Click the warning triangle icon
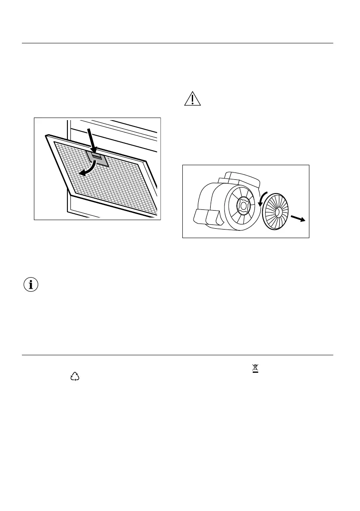coord(193,99)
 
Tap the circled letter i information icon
coord(30,285)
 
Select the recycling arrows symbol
coord(75,376)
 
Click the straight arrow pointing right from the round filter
coord(297,219)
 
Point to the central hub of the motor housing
coord(243,206)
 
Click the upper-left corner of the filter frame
coord(46,137)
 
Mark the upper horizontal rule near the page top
coord(178,43)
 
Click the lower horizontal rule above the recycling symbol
coord(178,355)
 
